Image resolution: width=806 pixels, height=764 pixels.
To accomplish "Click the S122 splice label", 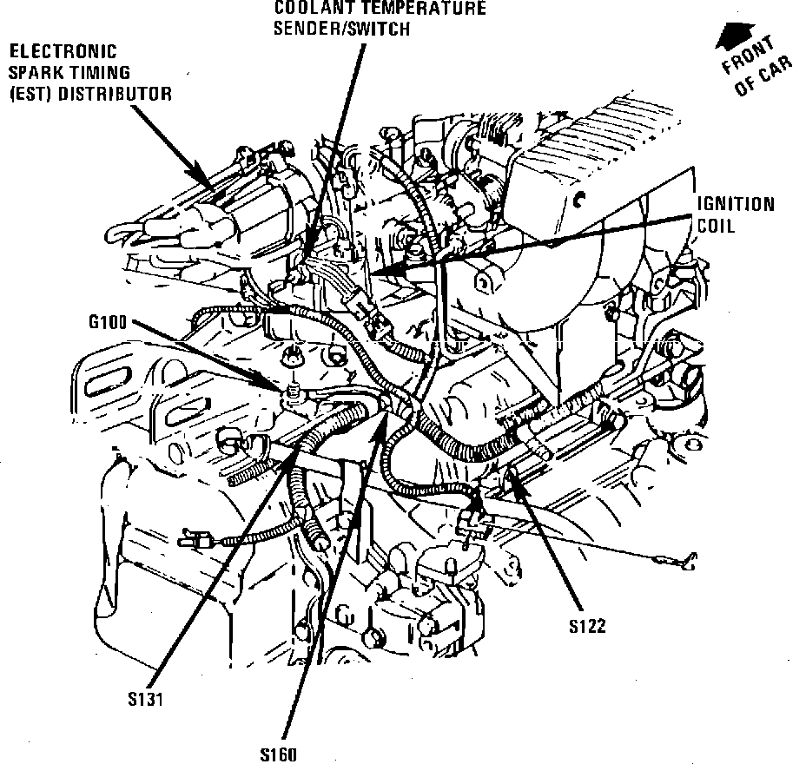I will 588,626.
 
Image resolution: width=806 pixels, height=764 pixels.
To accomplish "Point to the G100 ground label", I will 107,323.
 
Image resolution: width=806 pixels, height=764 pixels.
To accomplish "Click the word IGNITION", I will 735,206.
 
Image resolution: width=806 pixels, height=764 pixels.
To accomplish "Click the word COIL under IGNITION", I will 717,226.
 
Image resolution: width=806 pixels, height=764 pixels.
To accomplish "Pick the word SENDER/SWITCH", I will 340,27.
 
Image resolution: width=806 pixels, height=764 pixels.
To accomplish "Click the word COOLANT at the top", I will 307,9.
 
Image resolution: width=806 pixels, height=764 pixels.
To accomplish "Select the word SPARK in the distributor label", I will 32,73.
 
